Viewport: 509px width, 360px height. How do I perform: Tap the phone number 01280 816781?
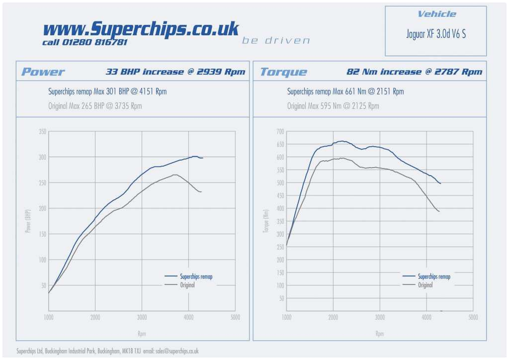coord(94,42)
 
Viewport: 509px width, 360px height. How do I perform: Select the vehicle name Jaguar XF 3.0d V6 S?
coord(436,34)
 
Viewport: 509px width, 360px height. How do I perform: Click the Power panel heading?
coord(43,72)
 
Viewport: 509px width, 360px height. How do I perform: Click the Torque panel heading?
coord(283,72)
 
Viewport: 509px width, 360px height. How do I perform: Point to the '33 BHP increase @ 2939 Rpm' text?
coord(175,72)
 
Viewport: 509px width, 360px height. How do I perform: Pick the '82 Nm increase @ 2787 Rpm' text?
coord(414,72)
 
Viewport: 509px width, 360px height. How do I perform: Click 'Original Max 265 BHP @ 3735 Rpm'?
coord(95,106)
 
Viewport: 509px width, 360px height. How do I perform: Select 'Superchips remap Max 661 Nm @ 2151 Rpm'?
coord(345,91)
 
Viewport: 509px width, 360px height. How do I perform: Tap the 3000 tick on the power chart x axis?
coord(142,317)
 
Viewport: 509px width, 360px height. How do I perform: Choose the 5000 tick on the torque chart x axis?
coord(473,317)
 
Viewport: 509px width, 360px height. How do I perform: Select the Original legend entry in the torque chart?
coord(425,285)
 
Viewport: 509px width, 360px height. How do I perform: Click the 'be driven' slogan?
coord(276,40)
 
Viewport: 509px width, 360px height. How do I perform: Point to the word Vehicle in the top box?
coord(436,14)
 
